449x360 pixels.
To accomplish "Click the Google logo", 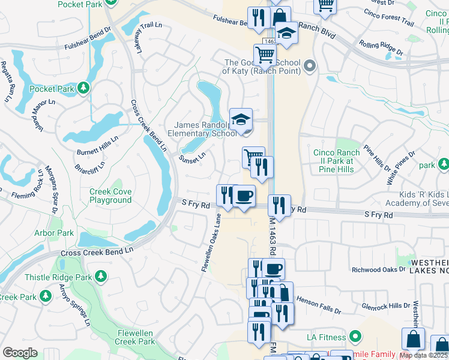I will coord(20,353).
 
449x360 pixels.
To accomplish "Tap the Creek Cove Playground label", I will coord(110,196).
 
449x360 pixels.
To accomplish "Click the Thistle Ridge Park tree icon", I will coord(101,276).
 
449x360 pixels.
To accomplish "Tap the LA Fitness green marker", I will coord(356,337).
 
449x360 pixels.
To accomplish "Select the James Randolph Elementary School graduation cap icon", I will coord(241,119).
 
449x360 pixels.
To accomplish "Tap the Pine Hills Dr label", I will coord(377,156).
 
